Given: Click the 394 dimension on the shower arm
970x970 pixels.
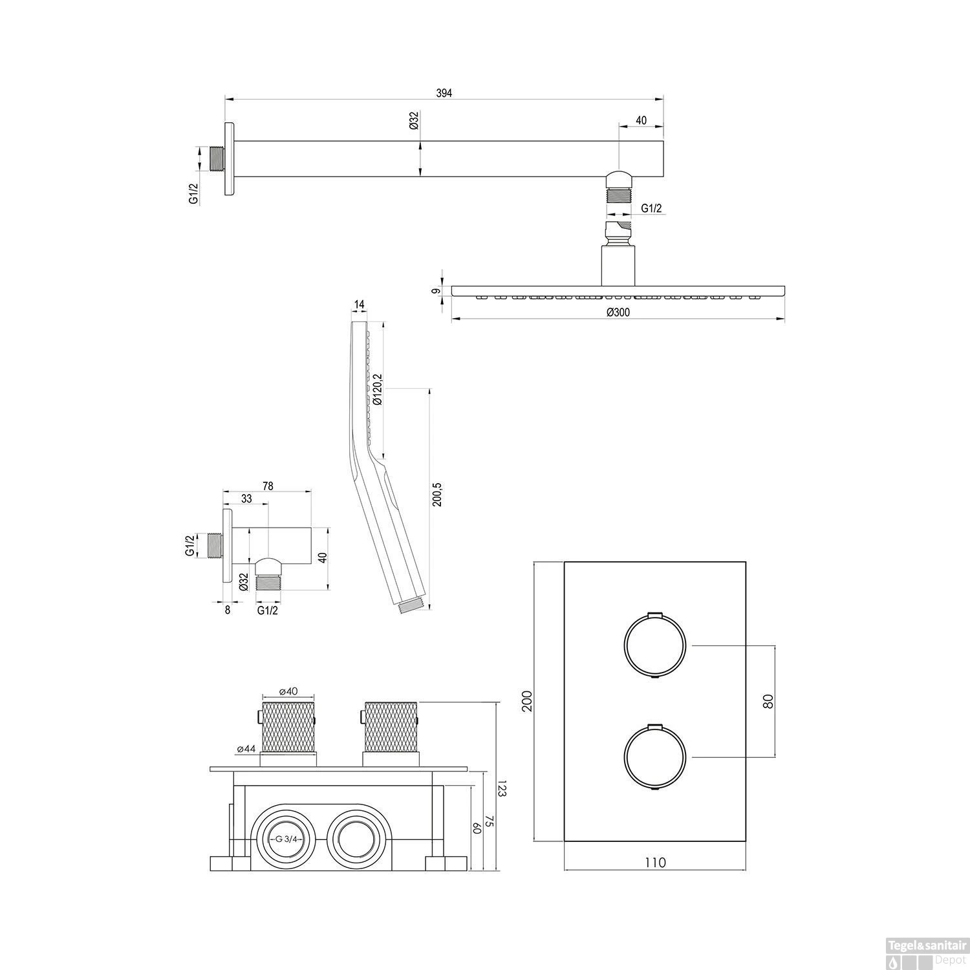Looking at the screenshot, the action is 444,92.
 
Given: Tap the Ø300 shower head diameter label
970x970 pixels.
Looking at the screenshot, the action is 618,312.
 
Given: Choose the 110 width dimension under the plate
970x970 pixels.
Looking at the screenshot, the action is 655,862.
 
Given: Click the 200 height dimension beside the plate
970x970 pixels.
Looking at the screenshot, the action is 526,701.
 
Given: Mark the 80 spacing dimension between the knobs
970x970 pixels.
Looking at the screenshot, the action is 768,701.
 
